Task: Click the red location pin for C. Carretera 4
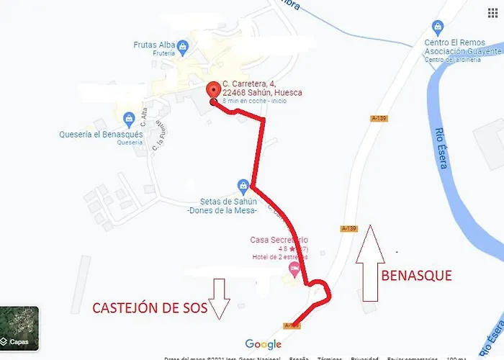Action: pos(213,91)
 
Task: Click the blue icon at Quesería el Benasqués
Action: pos(129,118)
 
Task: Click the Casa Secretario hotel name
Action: pos(279,240)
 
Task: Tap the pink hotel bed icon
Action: pos(294,269)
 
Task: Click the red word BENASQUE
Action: pos(416,275)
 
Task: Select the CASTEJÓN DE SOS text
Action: pos(150,308)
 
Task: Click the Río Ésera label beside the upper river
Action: pos(442,148)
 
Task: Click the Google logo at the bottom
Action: pos(263,344)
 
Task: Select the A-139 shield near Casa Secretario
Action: pos(348,228)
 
